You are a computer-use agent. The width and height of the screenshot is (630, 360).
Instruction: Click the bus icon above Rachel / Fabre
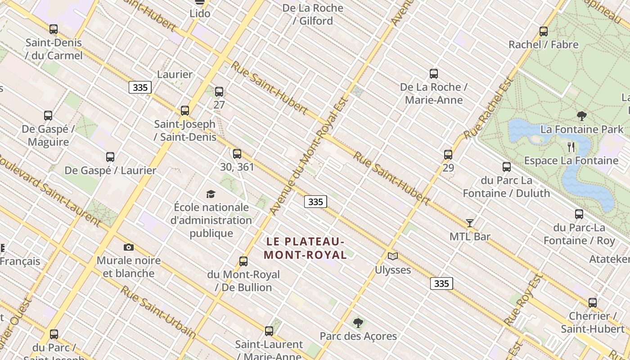544,31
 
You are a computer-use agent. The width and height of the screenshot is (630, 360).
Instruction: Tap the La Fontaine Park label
582,130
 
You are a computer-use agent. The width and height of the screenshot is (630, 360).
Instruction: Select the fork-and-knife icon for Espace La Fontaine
571,147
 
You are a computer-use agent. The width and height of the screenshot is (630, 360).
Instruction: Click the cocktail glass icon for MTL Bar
470,223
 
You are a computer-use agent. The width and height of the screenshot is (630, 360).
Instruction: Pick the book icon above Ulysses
393,256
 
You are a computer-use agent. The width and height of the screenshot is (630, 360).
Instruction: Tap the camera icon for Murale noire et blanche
129,247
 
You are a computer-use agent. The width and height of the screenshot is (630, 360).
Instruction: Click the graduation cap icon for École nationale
211,194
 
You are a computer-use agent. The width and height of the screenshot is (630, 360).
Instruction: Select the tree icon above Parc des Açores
358,323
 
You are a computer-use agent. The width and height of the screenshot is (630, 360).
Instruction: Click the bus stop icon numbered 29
448,155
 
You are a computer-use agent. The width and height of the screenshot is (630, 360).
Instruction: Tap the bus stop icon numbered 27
219,92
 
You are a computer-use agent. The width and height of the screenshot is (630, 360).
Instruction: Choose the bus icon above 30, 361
237,154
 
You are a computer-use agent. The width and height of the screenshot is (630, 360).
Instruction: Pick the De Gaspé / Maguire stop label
48,135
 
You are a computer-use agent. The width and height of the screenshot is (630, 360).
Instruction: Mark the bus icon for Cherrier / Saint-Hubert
593,303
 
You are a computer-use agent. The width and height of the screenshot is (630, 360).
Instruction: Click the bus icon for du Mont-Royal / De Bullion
243,261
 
